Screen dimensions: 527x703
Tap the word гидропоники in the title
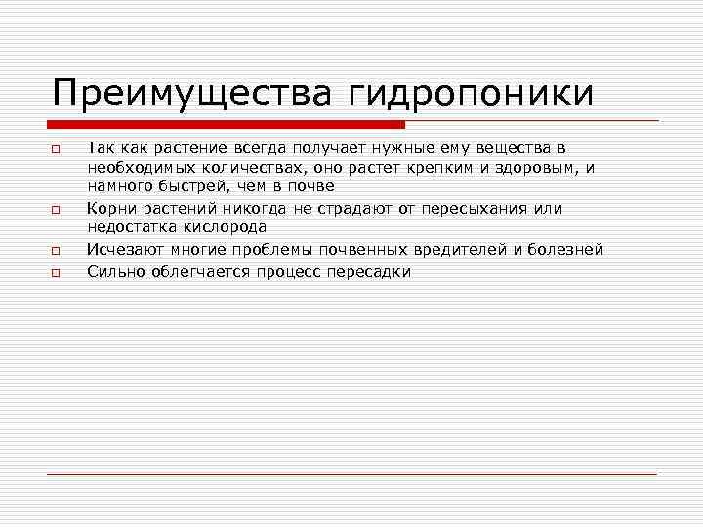(466, 94)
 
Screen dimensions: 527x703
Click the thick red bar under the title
(226, 124)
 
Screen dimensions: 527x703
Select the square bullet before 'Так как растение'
(58, 148)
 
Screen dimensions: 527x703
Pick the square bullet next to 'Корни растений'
(58, 209)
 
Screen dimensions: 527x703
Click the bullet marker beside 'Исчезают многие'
(58, 251)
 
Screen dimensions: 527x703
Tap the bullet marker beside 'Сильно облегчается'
(58, 272)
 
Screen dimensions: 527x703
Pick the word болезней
(564, 250)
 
